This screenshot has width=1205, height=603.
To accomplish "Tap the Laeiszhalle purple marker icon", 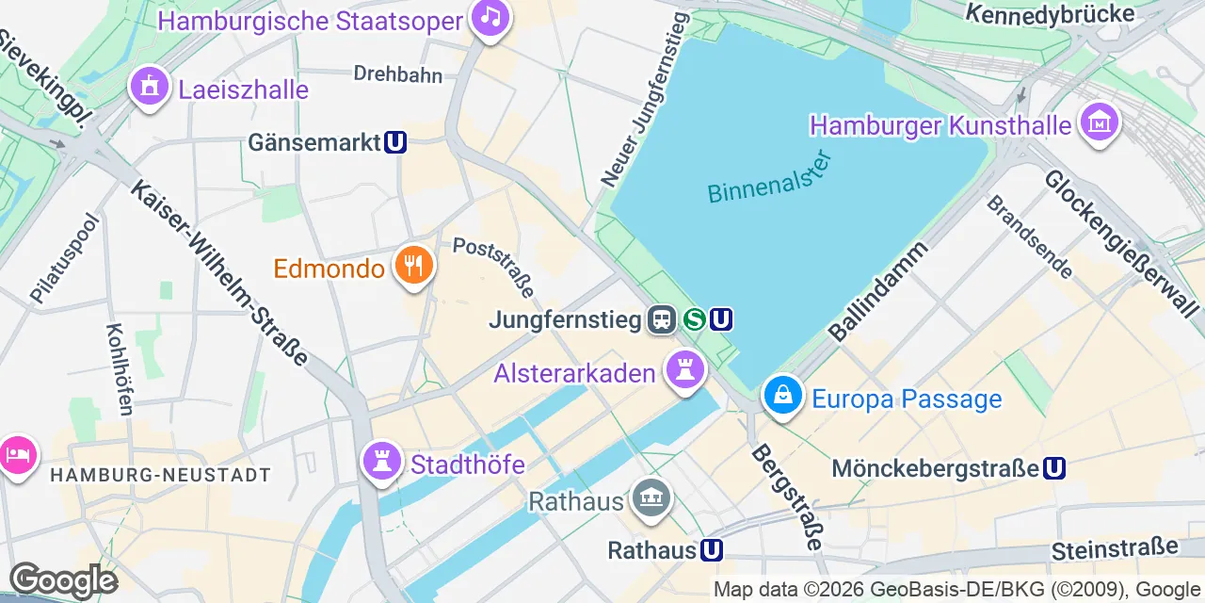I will [x=149, y=87].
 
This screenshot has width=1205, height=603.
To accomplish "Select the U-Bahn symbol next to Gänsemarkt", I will [x=395, y=142].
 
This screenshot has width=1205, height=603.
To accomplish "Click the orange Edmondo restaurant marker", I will [x=412, y=265].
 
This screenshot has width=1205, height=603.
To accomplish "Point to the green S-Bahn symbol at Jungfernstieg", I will [x=695, y=319].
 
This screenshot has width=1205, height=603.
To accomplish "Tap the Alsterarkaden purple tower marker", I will [x=685, y=369].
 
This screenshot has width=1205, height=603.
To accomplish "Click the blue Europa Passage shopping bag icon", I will [x=782, y=396].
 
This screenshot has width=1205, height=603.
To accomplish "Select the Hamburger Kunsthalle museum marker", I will [x=1099, y=122].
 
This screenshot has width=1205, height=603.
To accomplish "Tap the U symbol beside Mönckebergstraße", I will [x=1054, y=468].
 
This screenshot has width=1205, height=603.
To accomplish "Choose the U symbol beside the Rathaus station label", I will [x=712, y=549].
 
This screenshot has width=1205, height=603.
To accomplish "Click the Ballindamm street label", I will [x=878, y=290].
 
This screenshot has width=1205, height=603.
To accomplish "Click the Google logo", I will [x=62, y=579].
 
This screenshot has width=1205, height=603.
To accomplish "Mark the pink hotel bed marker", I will [x=16, y=455].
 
